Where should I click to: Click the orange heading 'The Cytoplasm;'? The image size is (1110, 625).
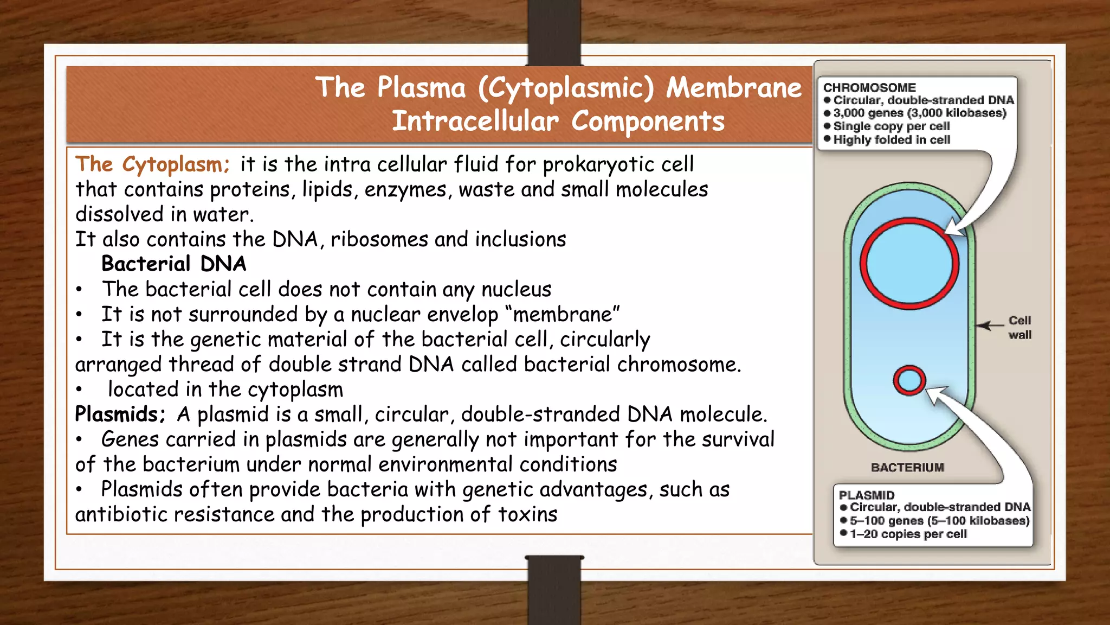point(152,164)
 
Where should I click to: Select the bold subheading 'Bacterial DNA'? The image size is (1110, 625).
point(173,264)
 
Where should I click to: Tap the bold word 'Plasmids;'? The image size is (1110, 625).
point(120,414)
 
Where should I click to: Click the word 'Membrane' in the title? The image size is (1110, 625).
point(733,88)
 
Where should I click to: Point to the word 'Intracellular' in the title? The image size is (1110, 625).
point(475,121)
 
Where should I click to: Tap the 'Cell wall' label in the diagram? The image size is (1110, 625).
point(1019,328)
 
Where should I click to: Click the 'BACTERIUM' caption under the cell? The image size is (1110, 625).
point(907,468)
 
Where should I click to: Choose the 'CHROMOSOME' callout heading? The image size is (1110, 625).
point(869,88)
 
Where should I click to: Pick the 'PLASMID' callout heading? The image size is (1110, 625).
point(867,495)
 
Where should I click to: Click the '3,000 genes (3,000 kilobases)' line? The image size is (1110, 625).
point(919,113)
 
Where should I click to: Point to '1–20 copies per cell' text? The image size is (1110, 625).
point(908,534)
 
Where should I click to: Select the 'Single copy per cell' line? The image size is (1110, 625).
point(892,126)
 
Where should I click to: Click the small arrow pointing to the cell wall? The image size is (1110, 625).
point(990,326)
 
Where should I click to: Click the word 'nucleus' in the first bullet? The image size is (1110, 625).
point(516,290)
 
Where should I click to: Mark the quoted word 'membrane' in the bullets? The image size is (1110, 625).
point(566,315)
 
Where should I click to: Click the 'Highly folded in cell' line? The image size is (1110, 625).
point(892,140)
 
